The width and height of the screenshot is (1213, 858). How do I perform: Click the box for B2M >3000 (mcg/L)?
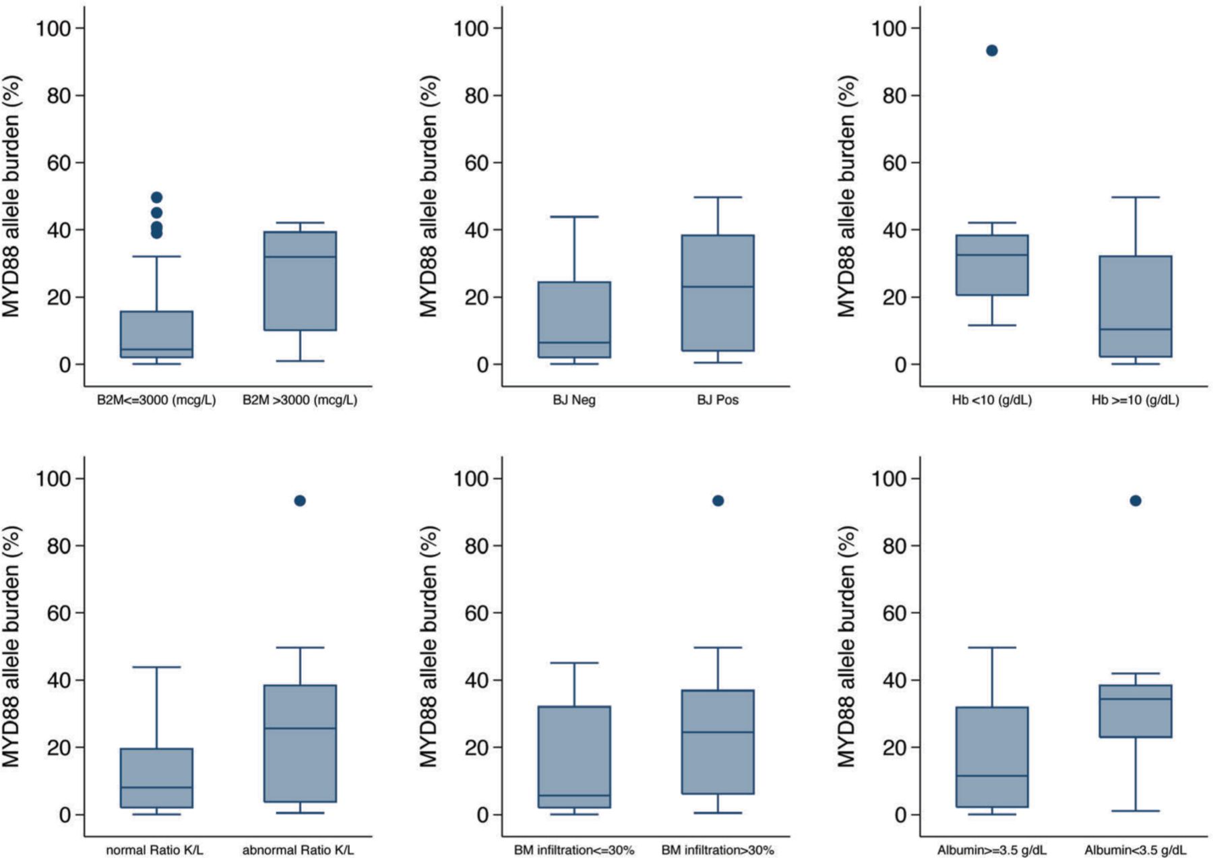[300, 280]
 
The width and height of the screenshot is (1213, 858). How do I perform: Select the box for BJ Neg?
[574, 319]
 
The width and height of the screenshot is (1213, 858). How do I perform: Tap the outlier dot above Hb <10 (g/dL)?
[991, 51]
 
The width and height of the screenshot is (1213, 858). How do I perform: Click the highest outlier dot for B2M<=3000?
[156, 197]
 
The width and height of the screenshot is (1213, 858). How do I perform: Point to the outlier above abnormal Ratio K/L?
[300, 501]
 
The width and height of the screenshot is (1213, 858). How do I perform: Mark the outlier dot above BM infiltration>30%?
[718, 501]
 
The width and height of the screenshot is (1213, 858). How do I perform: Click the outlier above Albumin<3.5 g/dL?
[1136, 501]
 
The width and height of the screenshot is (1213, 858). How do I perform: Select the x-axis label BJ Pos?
[718, 400]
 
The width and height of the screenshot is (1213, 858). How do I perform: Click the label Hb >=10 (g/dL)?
[1136, 400]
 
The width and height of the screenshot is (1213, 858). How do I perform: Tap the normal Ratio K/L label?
[154, 850]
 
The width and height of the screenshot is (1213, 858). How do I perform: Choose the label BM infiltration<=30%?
[574, 850]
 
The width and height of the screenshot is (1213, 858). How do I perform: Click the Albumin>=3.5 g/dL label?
[992, 850]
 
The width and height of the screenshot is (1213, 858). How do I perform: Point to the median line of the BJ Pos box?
[718, 286]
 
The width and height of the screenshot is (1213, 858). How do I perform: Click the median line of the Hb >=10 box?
[1136, 329]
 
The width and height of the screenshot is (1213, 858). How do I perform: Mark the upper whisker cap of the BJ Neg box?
[574, 216]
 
